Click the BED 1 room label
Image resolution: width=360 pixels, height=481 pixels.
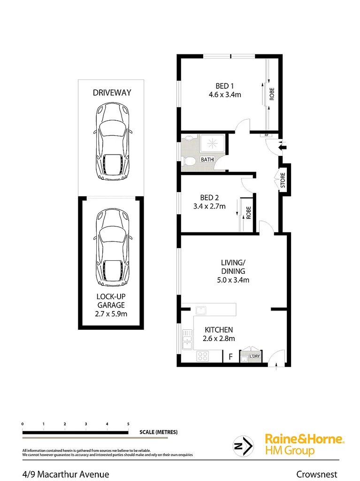click(x=224, y=86)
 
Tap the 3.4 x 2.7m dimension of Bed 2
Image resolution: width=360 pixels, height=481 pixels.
click(x=210, y=206)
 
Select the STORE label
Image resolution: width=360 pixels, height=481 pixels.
click(x=283, y=180)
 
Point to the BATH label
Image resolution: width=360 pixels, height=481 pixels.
click(x=207, y=160)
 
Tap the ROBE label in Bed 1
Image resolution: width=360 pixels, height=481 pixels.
click(x=272, y=95)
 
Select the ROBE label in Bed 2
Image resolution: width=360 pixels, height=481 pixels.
click(x=249, y=213)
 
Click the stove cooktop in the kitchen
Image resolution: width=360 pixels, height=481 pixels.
click(x=203, y=356)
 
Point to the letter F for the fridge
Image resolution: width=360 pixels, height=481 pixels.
click(x=230, y=357)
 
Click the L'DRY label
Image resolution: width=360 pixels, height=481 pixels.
click(x=254, y=357)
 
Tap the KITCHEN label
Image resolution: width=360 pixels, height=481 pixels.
click(x=219, y=330)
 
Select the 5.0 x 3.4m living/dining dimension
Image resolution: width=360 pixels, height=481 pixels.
click(x=233, y=280)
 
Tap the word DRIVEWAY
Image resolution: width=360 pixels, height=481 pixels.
click(x=112, y=93)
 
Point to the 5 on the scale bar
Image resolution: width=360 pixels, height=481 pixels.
click(x=128, y=424)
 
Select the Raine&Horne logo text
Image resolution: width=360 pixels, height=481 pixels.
click(x=305, y=439)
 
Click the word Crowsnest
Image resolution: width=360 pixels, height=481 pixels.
click(x=317, y=474)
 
